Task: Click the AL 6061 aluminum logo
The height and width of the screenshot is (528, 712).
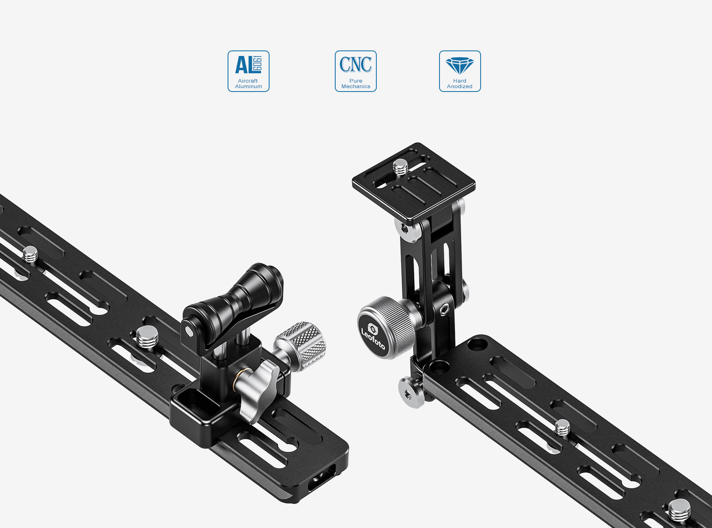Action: [x=248, y=64]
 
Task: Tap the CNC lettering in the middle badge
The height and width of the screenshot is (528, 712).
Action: [x=356, y=64]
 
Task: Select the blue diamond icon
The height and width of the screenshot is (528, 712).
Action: [x=460, y=66]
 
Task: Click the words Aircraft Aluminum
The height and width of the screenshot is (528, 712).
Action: [x=248, y=83]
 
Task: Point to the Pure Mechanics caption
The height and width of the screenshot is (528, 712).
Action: [x=356, y=83]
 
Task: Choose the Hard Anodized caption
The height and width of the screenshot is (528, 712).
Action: [x=460, y=83]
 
